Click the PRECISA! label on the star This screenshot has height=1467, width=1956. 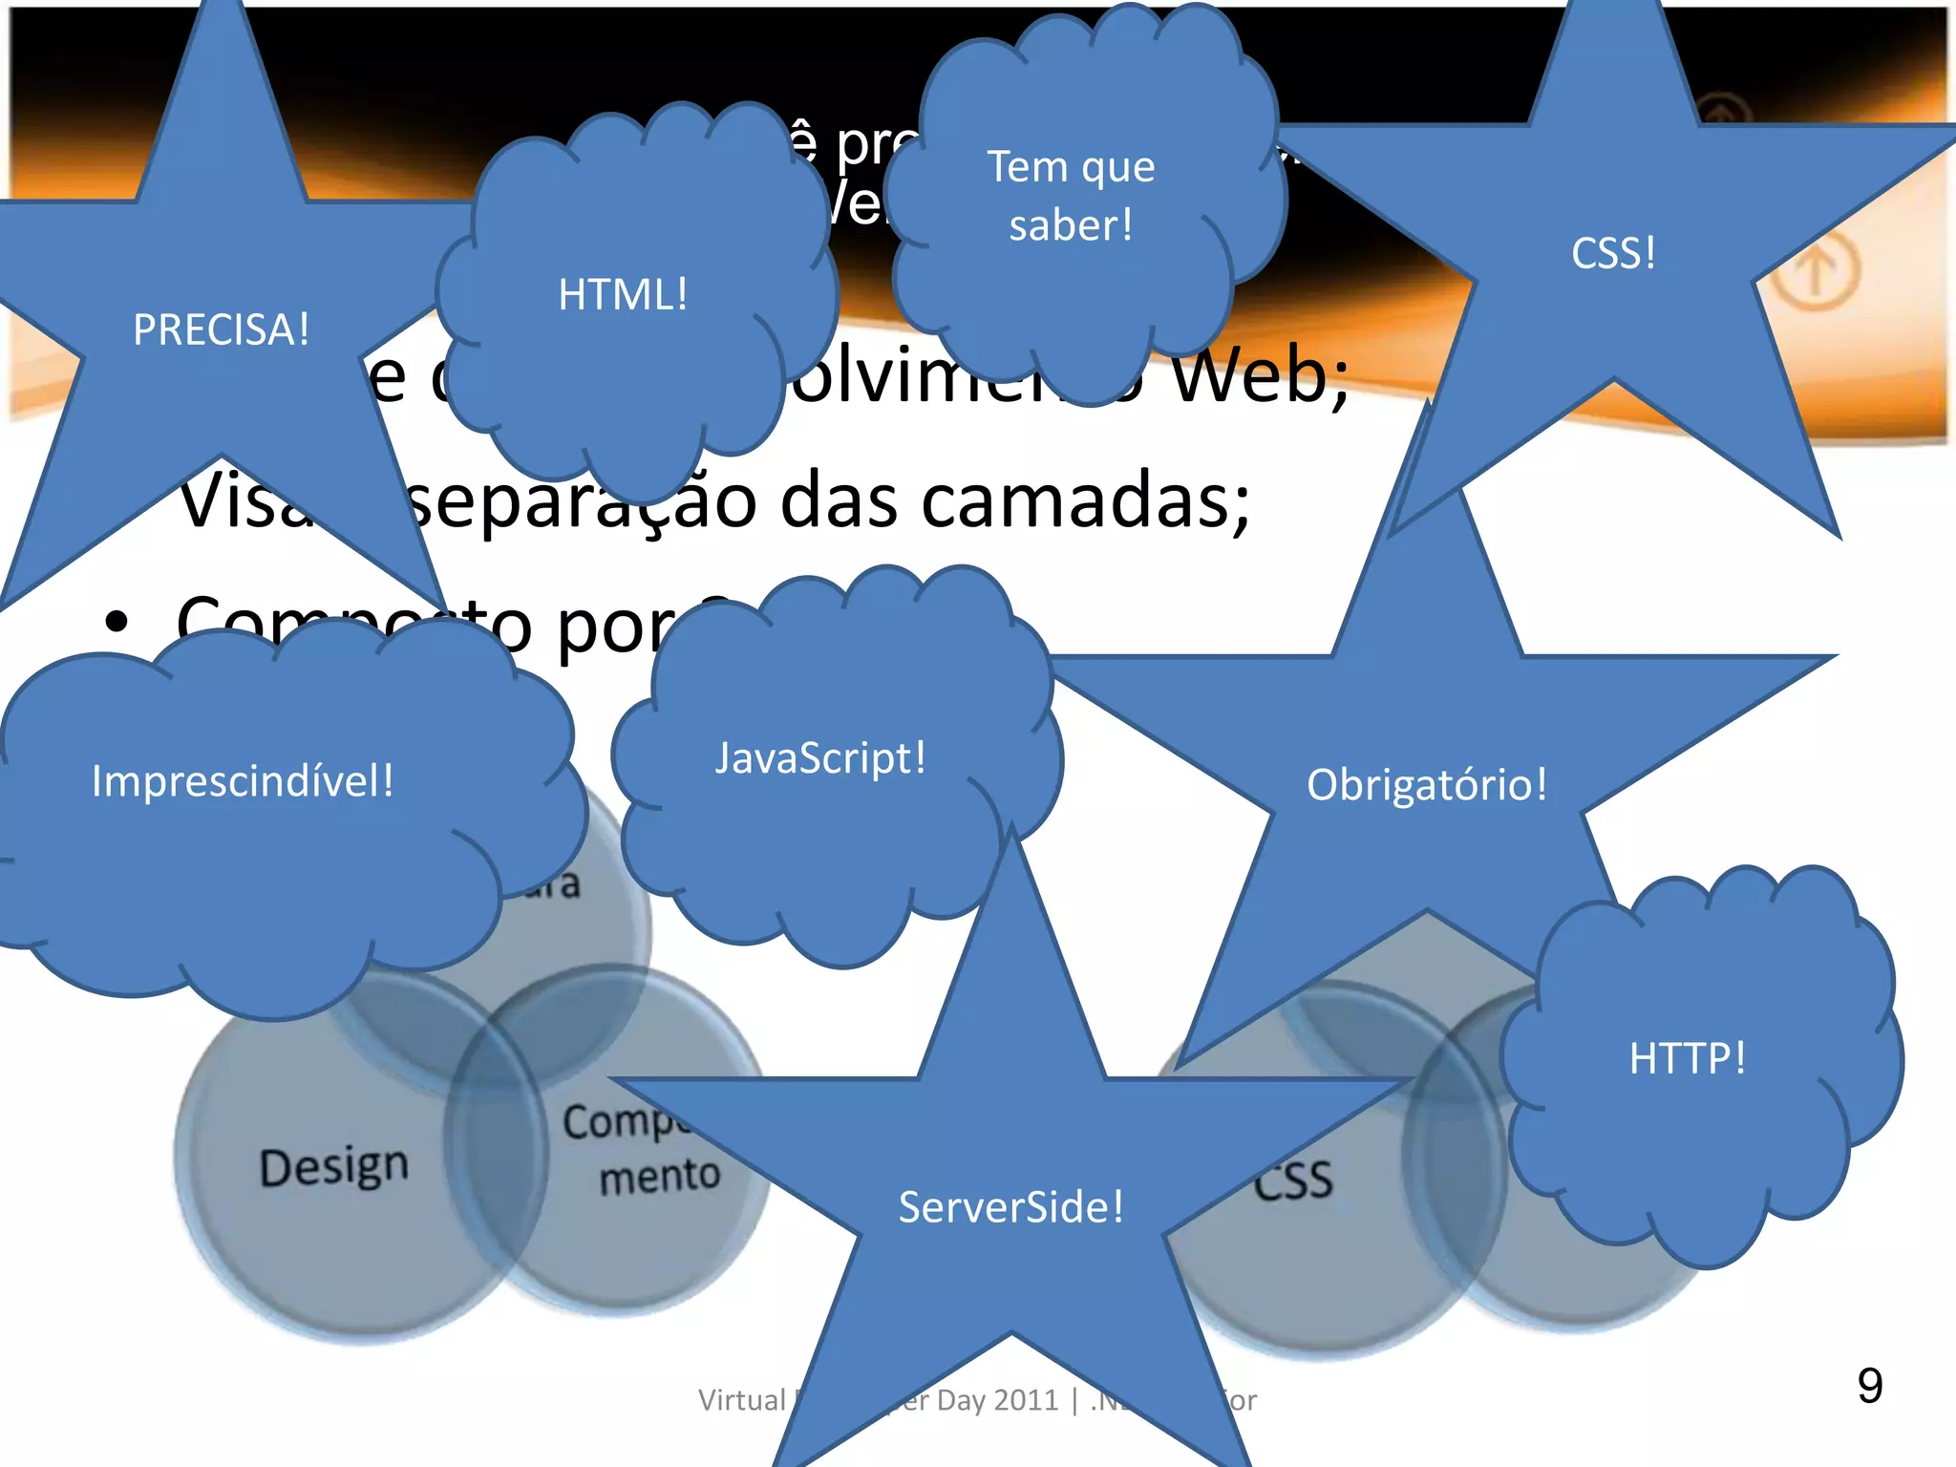[221, 330]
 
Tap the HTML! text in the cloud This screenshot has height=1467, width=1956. [623, 295]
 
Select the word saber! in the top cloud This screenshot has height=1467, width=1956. [1071, 226]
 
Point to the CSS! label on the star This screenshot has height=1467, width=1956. [1613, 254]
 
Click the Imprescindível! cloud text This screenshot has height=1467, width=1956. [243, 781]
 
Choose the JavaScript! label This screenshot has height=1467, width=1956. [820, 759]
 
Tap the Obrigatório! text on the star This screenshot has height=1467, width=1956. [1426, 785]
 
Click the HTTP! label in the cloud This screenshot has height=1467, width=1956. [1688, 1058]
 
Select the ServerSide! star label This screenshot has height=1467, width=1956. [1010, 1207]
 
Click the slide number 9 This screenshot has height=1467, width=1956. [1869, 1386]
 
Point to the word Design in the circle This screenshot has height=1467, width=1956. [334, 1167]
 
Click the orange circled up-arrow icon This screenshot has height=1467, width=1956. [1816, 272]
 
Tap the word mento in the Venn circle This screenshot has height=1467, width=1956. [659, 1176]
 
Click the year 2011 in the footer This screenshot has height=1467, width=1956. [1026, 1400]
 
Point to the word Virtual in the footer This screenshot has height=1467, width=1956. [741, 1400]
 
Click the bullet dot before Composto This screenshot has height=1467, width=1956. [117, 623]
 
